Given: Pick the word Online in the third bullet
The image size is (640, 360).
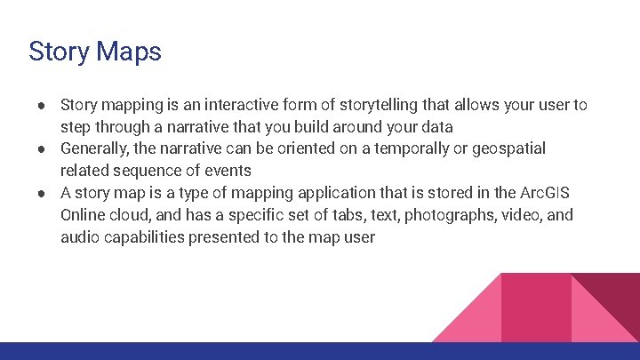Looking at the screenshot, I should tap(84, 215).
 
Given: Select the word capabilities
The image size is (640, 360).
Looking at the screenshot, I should tap(145, 237).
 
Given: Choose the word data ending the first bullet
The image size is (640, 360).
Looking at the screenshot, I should tap(436, 127).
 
